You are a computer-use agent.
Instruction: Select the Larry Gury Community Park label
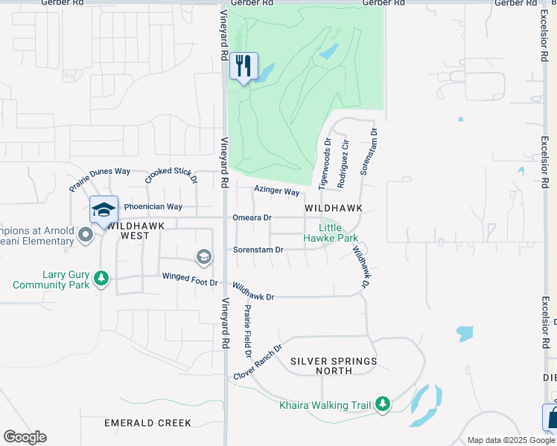pyautogui.click(x=51, y=279)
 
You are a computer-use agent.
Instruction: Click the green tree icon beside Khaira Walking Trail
pyautogui.click(x=383, y=404)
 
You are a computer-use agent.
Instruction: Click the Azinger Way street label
pyautogui.click(x=276, y=191)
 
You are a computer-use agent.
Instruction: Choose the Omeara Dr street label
pyautogui.click(x=252, y=218)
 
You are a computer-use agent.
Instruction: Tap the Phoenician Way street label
pyautogui.click(x=153, y=207)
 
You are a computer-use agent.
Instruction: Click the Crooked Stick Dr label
pyautogui.click(x=171, y=175)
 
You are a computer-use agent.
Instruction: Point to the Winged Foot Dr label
pyautogui.click(x=190, y=281)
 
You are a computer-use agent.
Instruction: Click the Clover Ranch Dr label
pyautogui.click(x=258, y=361)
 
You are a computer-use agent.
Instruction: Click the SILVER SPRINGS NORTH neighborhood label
pyautogui.click(x=334, y=366)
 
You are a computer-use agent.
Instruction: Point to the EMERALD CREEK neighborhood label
pyautogui.click(x=147, y=423)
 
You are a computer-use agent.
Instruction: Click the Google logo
pyautogui.click(x=25, y=436)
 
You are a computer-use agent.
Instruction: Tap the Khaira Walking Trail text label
pyautogui.click(x=325, y=405)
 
